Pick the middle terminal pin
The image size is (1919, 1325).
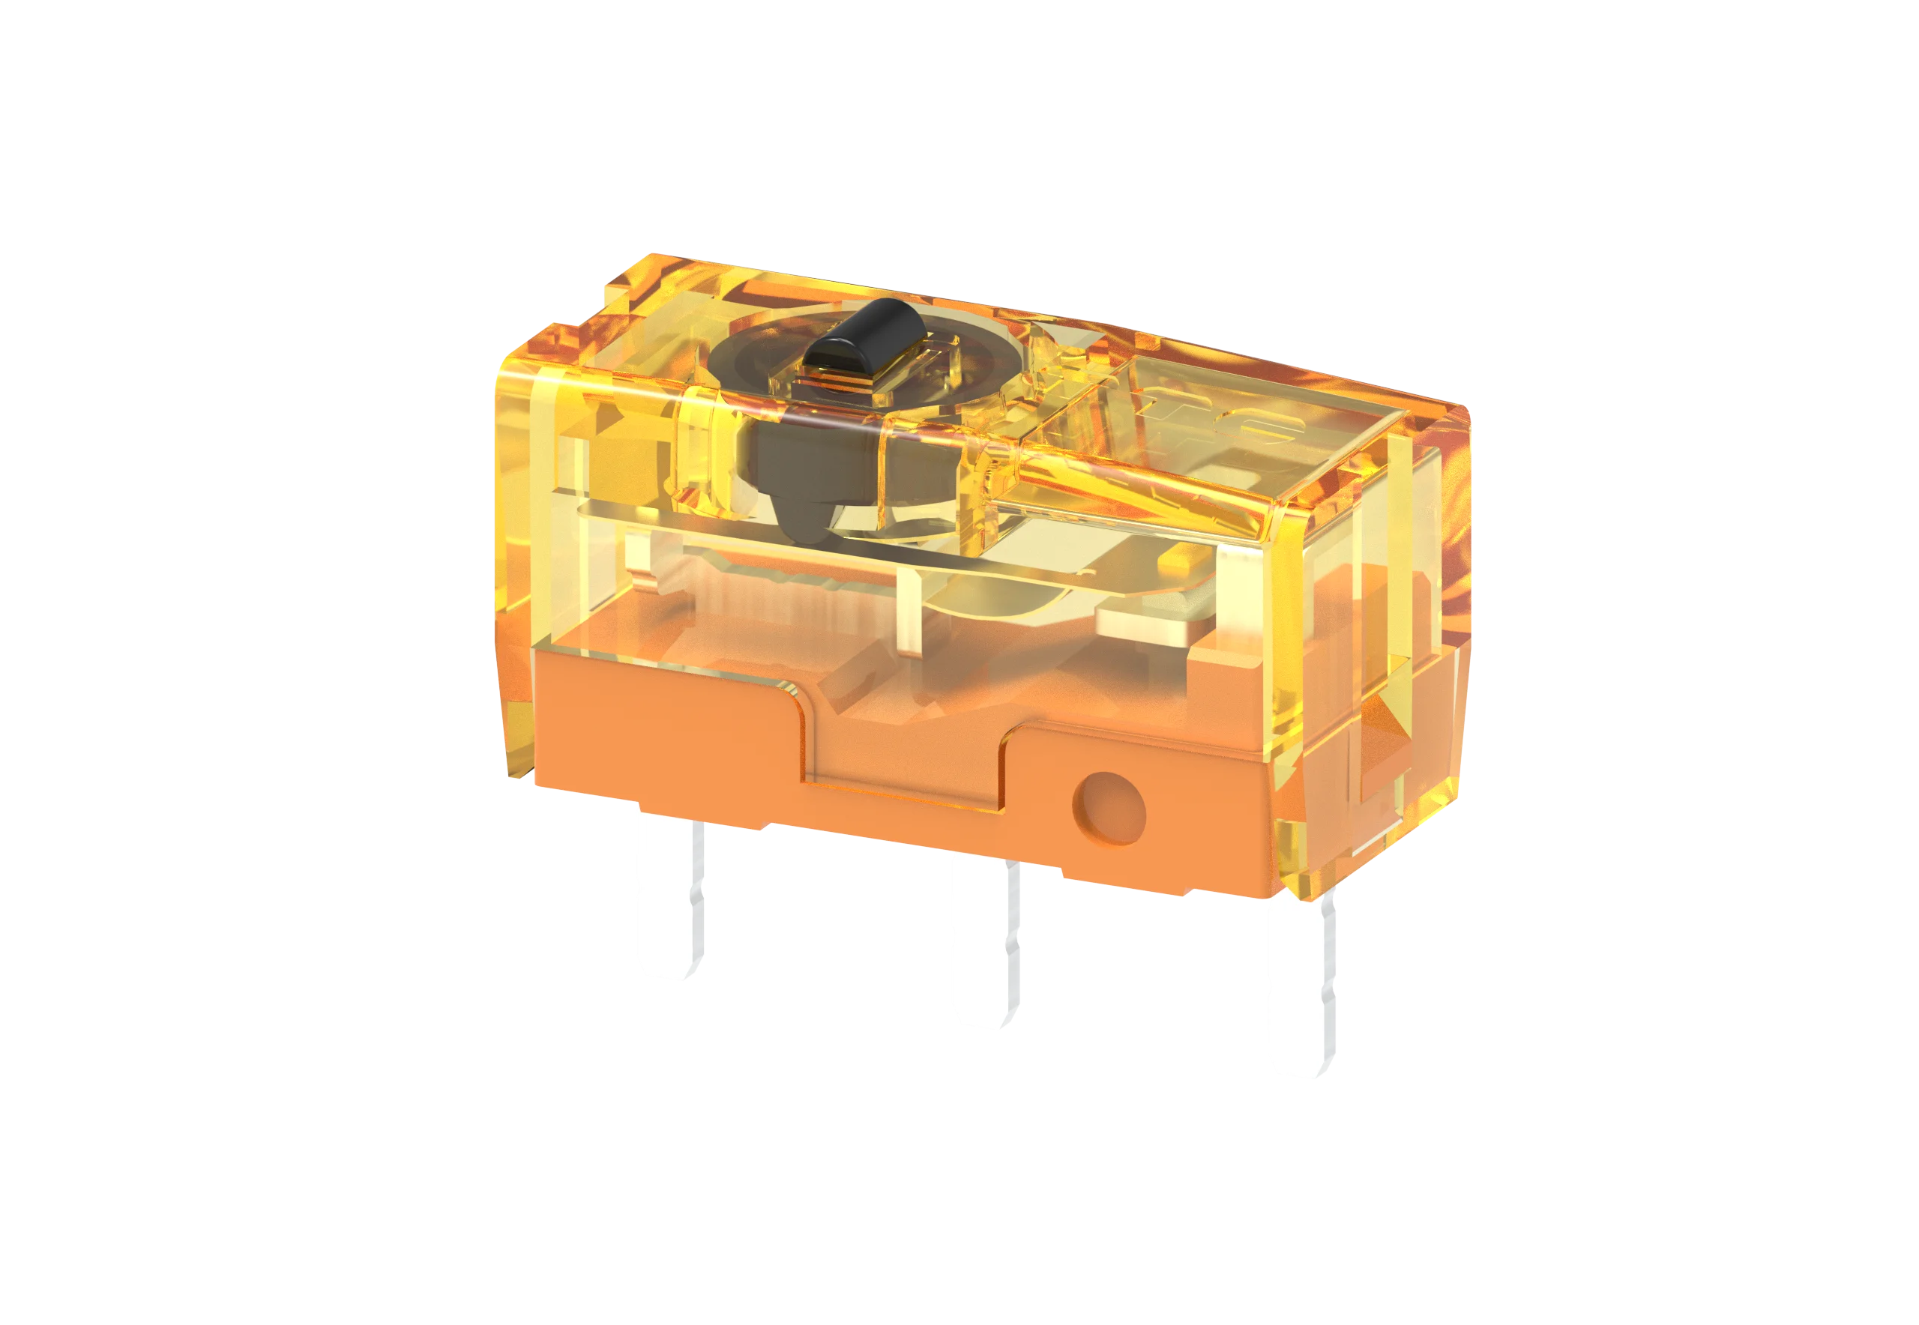(982, 947)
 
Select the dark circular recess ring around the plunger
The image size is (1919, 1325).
(747, 365)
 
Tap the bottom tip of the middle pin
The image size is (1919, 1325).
(981, 1018)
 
